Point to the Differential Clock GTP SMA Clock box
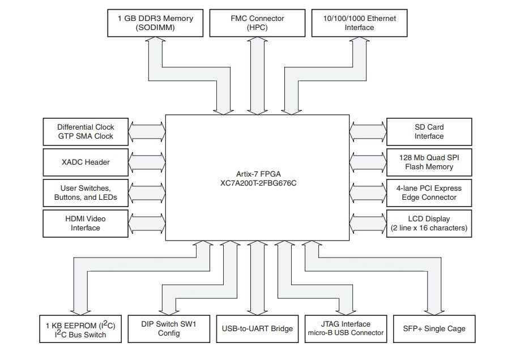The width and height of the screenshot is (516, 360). [x=86, y=132]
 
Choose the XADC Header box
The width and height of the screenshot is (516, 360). [x=86, y=162]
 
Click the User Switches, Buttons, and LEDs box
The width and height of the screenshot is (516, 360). [x=86, y=193]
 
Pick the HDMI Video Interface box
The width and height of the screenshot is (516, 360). [x=86, y=224]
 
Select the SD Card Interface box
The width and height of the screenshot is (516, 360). [x=429, y=132]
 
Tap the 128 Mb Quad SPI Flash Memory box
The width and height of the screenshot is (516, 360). [x=429, y=162]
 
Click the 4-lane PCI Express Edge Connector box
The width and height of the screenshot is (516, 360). [x=429, y=193]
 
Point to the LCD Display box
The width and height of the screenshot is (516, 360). [x=429, y=224]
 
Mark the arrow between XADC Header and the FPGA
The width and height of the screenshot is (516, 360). [x=147, y=162]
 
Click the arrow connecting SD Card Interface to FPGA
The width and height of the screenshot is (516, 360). [x=368, y=132]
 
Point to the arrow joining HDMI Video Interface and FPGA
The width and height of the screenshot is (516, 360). [x=147, y=224]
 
